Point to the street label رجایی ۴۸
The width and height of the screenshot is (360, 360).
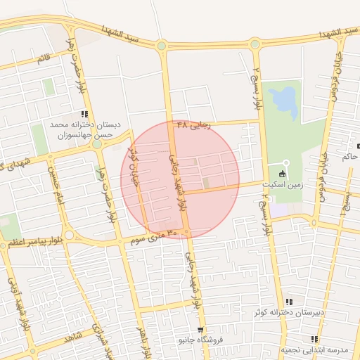tap(193, 124)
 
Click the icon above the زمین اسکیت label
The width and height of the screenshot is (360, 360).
tap(283, 174)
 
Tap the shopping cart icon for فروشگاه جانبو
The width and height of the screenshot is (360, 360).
tap(201, 330)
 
